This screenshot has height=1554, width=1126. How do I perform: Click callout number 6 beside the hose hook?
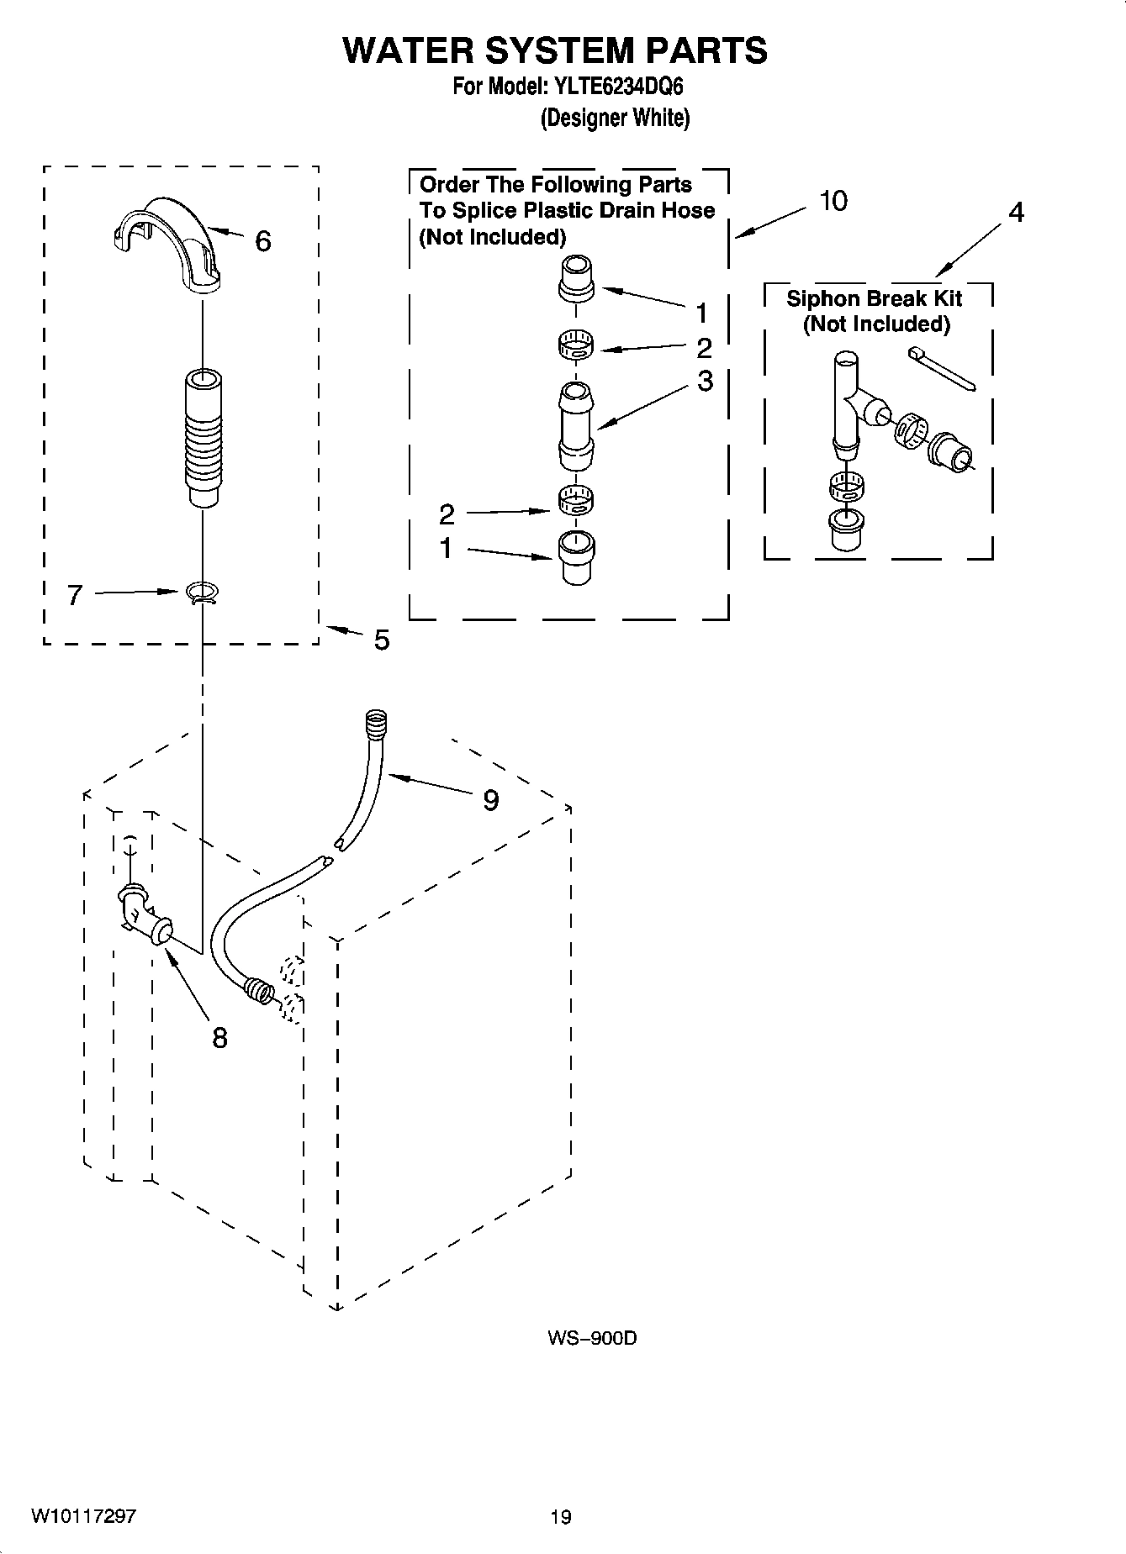(262, 242)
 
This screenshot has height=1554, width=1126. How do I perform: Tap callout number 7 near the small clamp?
(75, 596)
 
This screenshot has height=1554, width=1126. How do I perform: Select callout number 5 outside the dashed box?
(381, 640)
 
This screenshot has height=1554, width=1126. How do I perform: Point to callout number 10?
(833, 202)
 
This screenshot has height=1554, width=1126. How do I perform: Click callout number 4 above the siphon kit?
(1016, 213)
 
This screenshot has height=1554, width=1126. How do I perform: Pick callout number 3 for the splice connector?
(705, 381)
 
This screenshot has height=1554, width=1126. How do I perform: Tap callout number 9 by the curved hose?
(490, 800)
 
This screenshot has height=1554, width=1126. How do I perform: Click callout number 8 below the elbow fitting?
(219, 1039)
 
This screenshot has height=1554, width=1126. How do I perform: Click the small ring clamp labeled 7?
(202, 594)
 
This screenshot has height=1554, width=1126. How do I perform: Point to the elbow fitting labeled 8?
(143, 918)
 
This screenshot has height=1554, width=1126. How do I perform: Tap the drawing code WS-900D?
(591, 1338)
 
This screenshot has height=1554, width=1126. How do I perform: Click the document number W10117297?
(84, 1516)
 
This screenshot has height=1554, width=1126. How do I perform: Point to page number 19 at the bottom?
(560, 1517)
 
